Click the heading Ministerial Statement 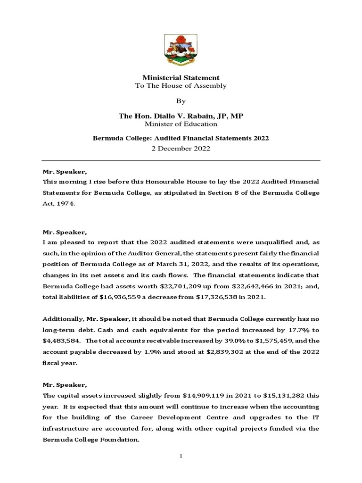click(x=181, y=77)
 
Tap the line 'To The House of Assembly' click(x=181, y=86)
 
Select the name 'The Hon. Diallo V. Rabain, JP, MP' click(x=181, y=116)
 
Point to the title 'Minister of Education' click(x=181, y=124)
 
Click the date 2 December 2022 click(x=181, y=148)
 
